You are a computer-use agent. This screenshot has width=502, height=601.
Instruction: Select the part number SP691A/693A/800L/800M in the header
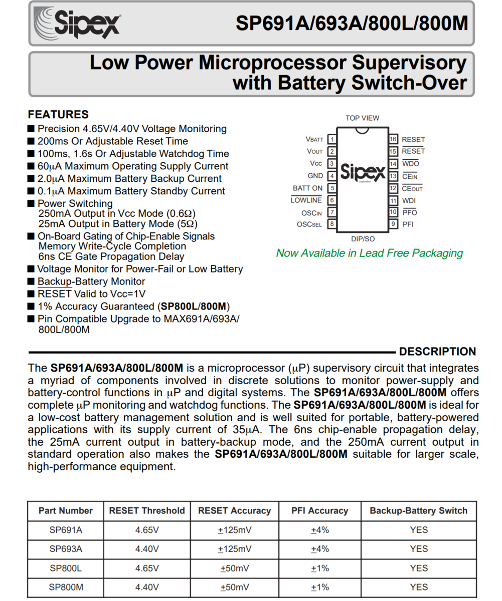352,23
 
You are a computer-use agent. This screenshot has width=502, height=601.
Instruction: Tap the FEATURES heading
58,114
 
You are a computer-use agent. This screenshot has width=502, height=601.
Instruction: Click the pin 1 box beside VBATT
331,139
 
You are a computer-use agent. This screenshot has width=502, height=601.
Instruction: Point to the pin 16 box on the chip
393,139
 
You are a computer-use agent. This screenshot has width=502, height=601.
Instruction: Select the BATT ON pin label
307,188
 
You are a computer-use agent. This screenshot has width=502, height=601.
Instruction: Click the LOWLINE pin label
306,200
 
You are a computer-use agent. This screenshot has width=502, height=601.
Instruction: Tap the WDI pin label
409,200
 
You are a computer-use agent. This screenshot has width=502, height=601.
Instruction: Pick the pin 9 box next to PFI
393,224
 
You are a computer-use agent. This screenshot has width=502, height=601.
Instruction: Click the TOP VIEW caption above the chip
362,118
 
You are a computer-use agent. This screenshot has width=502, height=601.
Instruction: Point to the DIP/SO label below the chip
362,239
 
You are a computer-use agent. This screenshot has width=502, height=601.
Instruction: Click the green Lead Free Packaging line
369,253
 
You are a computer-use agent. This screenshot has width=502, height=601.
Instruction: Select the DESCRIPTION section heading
437,352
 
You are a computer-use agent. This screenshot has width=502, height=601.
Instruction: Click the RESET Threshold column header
147,511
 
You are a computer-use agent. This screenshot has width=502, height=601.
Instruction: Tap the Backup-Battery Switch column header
418,511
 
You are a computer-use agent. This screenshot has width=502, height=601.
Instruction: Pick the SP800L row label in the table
66,568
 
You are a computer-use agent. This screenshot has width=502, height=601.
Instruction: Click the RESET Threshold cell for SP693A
147,549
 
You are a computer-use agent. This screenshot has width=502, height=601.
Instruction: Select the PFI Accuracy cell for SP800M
320,587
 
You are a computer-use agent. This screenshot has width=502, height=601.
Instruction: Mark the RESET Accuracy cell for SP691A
234,530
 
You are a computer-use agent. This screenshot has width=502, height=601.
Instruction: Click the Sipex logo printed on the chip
362,172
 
